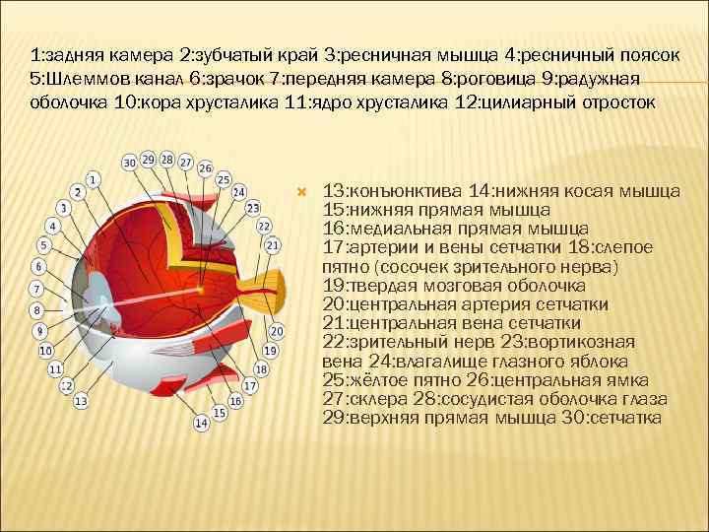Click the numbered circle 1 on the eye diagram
click(92, 179)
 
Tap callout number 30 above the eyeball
click(129, 161)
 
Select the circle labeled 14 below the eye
click(200, 423)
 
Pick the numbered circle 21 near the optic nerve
click(273, 245)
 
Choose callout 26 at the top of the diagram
click(204, 168)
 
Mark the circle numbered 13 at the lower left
click(80, 402)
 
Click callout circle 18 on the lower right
click(261, 369)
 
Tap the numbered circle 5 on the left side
click(43, 244)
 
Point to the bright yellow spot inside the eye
click(199, 290)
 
